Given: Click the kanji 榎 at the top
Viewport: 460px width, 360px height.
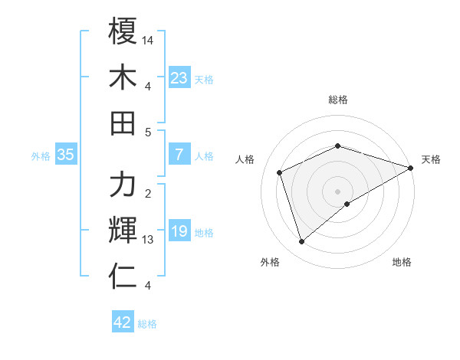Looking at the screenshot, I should click(123, 31).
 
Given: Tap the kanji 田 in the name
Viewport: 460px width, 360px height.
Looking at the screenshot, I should click(123, 122).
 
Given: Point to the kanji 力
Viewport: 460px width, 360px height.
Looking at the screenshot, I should click(123, 185).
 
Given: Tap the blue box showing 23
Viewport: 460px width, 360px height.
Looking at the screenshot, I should click(179, 78).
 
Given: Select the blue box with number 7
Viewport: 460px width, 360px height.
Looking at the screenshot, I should click(179, 155).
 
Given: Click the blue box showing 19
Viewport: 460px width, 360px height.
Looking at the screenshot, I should click(179, 232).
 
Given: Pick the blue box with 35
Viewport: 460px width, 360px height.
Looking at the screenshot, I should click(66, 155).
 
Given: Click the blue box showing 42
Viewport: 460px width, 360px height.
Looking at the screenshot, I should click(123, 322).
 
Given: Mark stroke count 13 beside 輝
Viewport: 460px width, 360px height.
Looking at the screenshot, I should click(149, 240).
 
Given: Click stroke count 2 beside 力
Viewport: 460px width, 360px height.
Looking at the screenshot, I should click(148, 194).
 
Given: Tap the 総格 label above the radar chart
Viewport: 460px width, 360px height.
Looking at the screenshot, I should click(338, 100).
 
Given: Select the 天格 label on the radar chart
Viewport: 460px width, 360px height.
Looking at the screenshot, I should click(431, 159).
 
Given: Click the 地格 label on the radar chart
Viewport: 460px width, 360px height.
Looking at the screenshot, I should click(402, 263).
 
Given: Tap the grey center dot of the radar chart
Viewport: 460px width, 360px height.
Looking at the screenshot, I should click(338, 191).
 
